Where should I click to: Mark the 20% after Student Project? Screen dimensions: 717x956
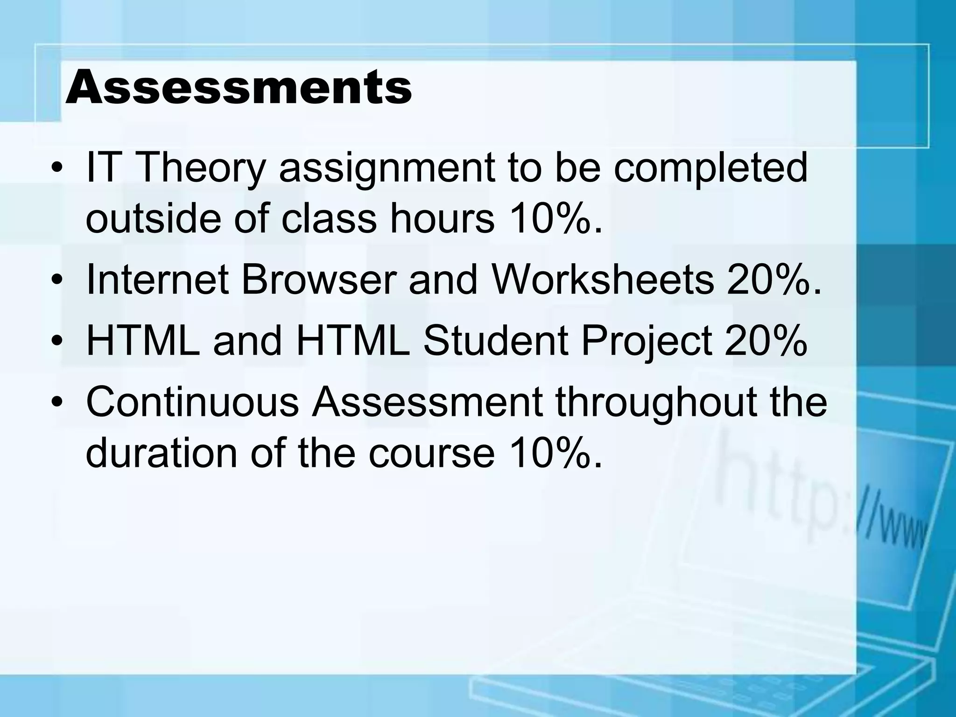click(x=766, y=341)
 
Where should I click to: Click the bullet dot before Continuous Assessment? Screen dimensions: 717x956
click(x=57, y=403)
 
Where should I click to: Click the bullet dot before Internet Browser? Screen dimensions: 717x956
click(x=57, y=281)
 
